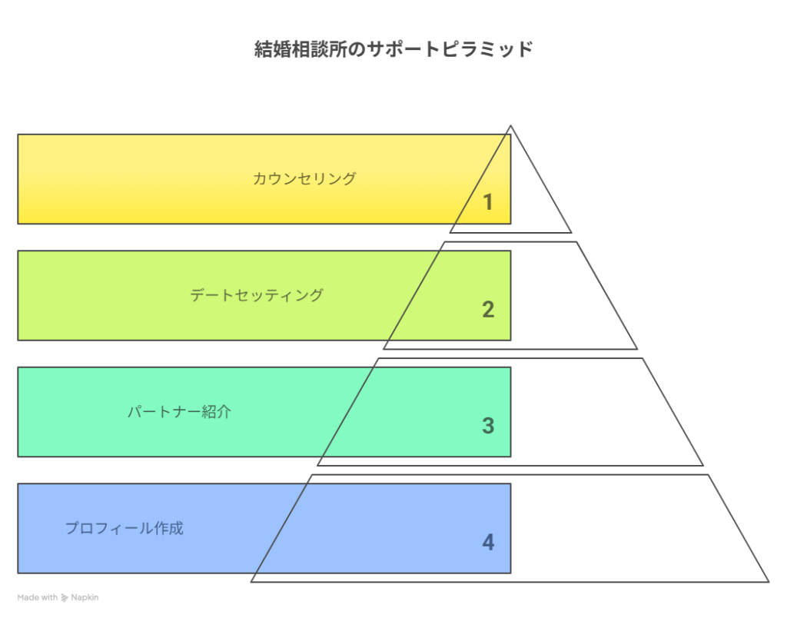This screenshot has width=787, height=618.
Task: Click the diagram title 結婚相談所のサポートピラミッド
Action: tap(393, 49)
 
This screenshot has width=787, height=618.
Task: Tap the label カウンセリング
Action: tap(304, 178)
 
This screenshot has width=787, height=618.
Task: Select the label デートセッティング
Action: tap(257, 294)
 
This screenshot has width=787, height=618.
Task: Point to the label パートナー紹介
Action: tap(179, 412)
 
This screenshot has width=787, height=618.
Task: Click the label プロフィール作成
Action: tap(125, 528)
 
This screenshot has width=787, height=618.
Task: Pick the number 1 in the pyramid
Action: tap(487, 202)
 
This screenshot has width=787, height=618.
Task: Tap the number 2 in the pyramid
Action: tap(488, 309)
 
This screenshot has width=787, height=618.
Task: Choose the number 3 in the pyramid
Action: tap(488, 426)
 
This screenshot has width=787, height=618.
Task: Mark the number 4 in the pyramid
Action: tap(488, 542)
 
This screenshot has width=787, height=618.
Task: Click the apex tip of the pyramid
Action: tap(510, 126)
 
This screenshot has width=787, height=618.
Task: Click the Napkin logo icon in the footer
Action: tap(65, 597)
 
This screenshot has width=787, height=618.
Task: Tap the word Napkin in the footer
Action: tap(85, 597)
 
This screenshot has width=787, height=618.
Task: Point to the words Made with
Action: tap(38, 597)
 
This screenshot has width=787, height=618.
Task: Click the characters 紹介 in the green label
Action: tap(217, 412)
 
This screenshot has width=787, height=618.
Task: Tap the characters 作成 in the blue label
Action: tap(168, 528)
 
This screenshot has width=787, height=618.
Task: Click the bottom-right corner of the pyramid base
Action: tap(769, 582)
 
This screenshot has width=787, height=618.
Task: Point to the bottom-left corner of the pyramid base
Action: tap(251, 582)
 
